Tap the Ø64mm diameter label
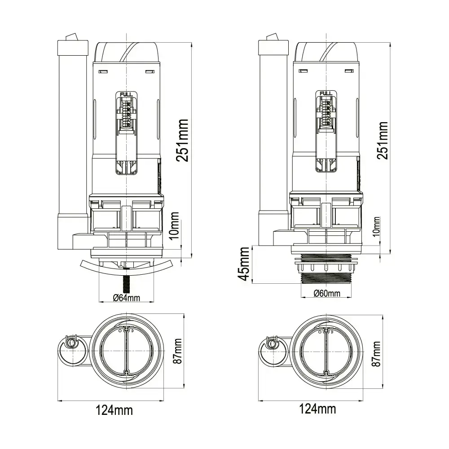[x=127, y=298]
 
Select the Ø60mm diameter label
[x=327, y=294]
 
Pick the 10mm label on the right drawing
[x=376, y=226]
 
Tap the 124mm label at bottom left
[x=114, y=409]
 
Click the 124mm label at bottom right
[x=317, y=409]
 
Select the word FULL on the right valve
[x=326, y=94]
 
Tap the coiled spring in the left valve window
[x=126, y=113]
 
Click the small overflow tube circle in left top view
[x=71, y=343]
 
